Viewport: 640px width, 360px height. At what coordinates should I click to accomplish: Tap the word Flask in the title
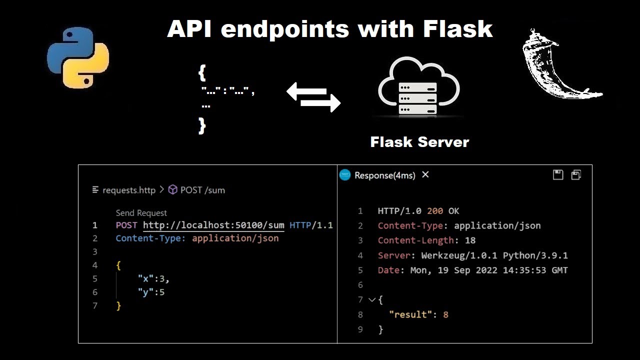[x=457, y=29]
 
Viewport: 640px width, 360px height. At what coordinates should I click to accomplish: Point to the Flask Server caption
[x=419, y=142]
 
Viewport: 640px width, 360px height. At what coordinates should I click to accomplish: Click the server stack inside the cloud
[x=417, y=98]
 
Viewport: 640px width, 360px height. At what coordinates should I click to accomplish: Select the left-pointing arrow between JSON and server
[x=306, y=92]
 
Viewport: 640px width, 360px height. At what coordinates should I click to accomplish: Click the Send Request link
[x=141, y=213]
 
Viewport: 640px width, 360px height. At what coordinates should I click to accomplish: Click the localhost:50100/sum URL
[x=213, y=225]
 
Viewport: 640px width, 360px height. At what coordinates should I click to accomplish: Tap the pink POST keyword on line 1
[x=126, y=225]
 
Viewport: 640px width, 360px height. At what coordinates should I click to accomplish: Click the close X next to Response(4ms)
[x=425, y=174]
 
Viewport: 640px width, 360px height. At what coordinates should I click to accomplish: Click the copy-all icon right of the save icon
[x=576, y=174]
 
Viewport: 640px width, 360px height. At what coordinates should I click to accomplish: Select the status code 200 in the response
[x=435, y=211]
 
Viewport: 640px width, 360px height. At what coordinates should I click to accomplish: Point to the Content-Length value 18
[x=470, y=240]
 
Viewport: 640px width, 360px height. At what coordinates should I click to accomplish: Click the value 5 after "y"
[x=162, y=292]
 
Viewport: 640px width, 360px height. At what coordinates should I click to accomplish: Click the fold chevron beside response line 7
[x=371, y=300]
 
